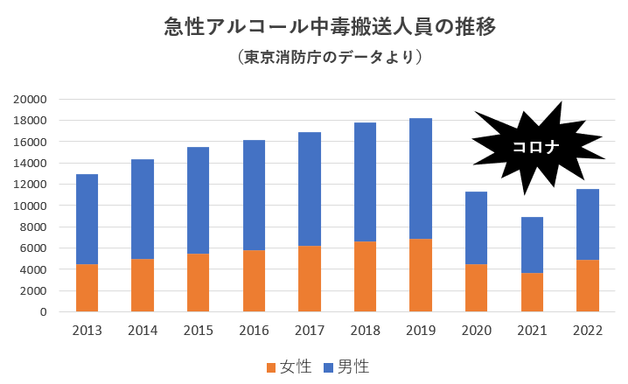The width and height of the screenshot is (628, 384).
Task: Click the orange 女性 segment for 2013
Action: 87,288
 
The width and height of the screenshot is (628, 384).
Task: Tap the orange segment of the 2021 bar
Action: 532,292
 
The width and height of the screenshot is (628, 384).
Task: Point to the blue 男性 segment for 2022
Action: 588,225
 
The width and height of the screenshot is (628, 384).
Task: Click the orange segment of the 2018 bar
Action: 365,276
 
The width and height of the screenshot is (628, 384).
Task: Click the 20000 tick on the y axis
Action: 28,100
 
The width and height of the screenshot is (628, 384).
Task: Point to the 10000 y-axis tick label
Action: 28,206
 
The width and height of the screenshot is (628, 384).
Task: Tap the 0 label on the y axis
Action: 41,311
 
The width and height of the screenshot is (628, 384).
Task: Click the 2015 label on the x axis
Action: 199,332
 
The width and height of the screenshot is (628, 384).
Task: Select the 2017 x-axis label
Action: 310,332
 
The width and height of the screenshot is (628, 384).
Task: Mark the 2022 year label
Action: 588,332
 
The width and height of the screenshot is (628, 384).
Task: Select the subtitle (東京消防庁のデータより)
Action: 330,57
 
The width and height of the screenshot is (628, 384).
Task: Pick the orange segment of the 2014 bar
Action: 143,285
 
